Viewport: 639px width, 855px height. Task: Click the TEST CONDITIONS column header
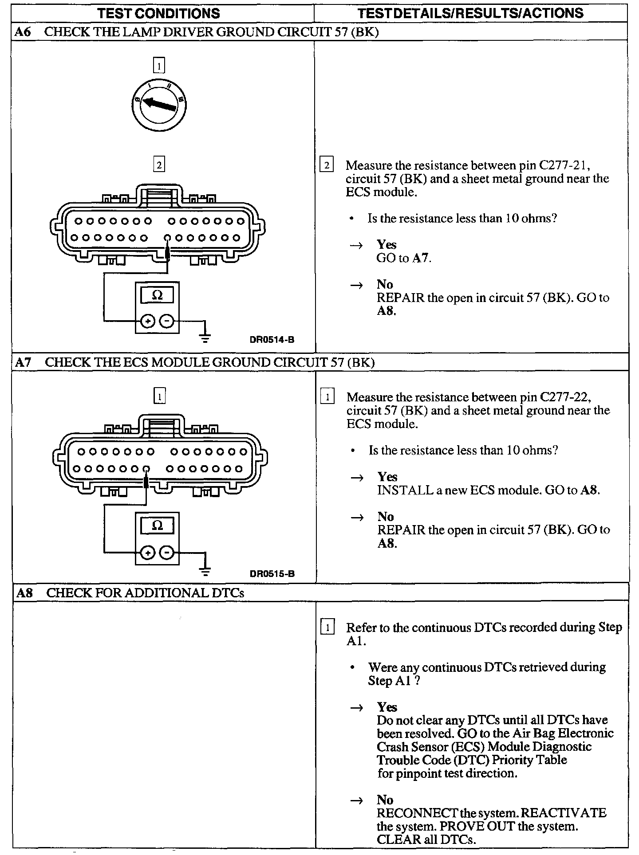click(x=159, y=13)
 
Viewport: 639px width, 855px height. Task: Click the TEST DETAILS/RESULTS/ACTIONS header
click(x=470, y=13)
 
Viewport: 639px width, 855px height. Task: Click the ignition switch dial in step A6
click(x=159, y=105)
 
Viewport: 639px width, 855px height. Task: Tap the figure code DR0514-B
click(x=272, y=340)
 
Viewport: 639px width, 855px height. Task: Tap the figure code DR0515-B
click(x=272, y=573)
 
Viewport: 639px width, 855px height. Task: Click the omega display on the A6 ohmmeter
click(x=157, y=295)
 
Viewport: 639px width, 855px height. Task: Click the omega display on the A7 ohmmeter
click(x=157, y=526)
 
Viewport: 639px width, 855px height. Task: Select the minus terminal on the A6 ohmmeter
click(x=167, y=321)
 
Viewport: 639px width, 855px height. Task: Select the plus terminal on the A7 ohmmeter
click(x=148, y=553)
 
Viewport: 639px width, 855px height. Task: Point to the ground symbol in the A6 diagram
click(x=205, y=338)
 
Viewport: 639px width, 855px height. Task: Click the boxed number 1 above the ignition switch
click(x=159, y=66)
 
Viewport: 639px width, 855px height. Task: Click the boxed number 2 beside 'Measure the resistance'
click(x=327, y=165)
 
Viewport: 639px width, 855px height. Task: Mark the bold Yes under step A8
click(x=387, y=707)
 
